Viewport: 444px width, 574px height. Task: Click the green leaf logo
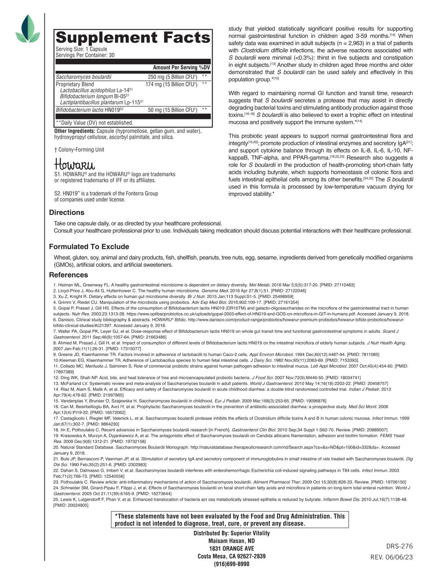tap(28, 29)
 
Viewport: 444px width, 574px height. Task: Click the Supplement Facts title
tap(133, 38)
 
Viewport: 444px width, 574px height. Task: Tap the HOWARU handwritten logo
tap(74, 164)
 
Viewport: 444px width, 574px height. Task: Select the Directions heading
tap(67, 212)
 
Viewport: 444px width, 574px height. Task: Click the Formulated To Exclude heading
tap(89, 247)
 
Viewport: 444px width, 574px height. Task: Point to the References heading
tap(69, 275)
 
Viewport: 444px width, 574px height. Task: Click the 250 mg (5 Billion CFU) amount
tap(173, 77)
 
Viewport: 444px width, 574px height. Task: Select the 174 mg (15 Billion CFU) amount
tap(171, 84)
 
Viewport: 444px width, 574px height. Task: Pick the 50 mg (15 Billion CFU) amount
tap(173, 110)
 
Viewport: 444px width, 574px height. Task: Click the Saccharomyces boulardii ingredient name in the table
tap(84, 77)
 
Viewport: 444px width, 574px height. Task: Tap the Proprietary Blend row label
tap(75, 84)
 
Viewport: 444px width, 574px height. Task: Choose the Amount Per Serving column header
tap(175, 67)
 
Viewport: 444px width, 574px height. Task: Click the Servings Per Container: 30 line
tap(85, 55)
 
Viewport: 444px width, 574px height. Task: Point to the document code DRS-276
tap(400, 546)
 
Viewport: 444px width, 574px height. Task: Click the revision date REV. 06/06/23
tap(391, 557)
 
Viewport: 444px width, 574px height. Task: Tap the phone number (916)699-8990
tap(231, 564)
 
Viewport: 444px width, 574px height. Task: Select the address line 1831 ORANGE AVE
tap(231, 548)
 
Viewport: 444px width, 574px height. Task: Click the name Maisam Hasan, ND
tap(231, 541)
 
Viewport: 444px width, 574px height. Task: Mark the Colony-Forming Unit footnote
tap(79, 150)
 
